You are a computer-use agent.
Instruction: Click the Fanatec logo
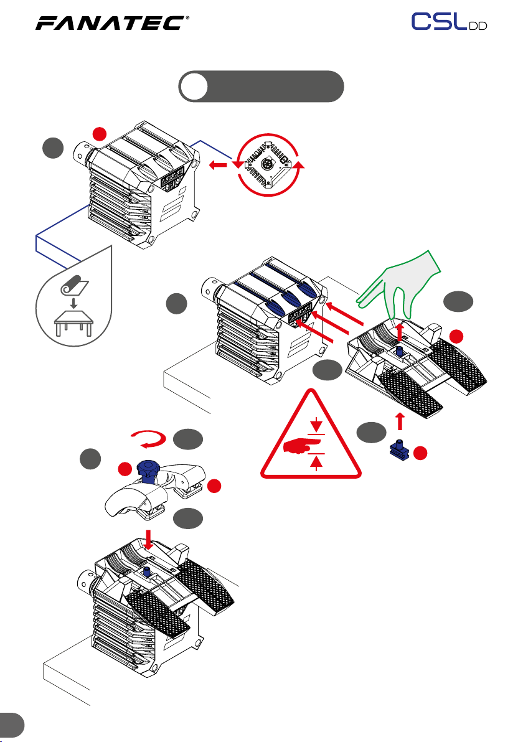tap(112, 22)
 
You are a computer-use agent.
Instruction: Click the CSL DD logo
tap(449, 22)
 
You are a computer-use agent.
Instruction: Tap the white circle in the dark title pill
tap(194, 87)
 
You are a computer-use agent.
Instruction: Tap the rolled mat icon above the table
tap(74, 285)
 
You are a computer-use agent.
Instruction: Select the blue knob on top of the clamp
tap(148, 469)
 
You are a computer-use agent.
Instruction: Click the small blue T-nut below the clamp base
tap(400, 450)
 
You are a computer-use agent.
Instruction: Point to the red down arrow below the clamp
tap(149, 540)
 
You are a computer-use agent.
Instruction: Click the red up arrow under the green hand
tap(400, 331)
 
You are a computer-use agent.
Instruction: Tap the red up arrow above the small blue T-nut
tap(400, 421)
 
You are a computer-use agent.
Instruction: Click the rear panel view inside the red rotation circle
tap(268, 164)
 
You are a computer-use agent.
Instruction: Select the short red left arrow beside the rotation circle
tap(218, 165)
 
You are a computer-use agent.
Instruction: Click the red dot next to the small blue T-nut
tap(420, 453)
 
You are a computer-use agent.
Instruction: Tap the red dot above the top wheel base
tap(100, 134)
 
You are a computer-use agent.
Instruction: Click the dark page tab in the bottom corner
tap(11, 725)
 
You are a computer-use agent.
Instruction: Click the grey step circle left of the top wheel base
tap(53, 148)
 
